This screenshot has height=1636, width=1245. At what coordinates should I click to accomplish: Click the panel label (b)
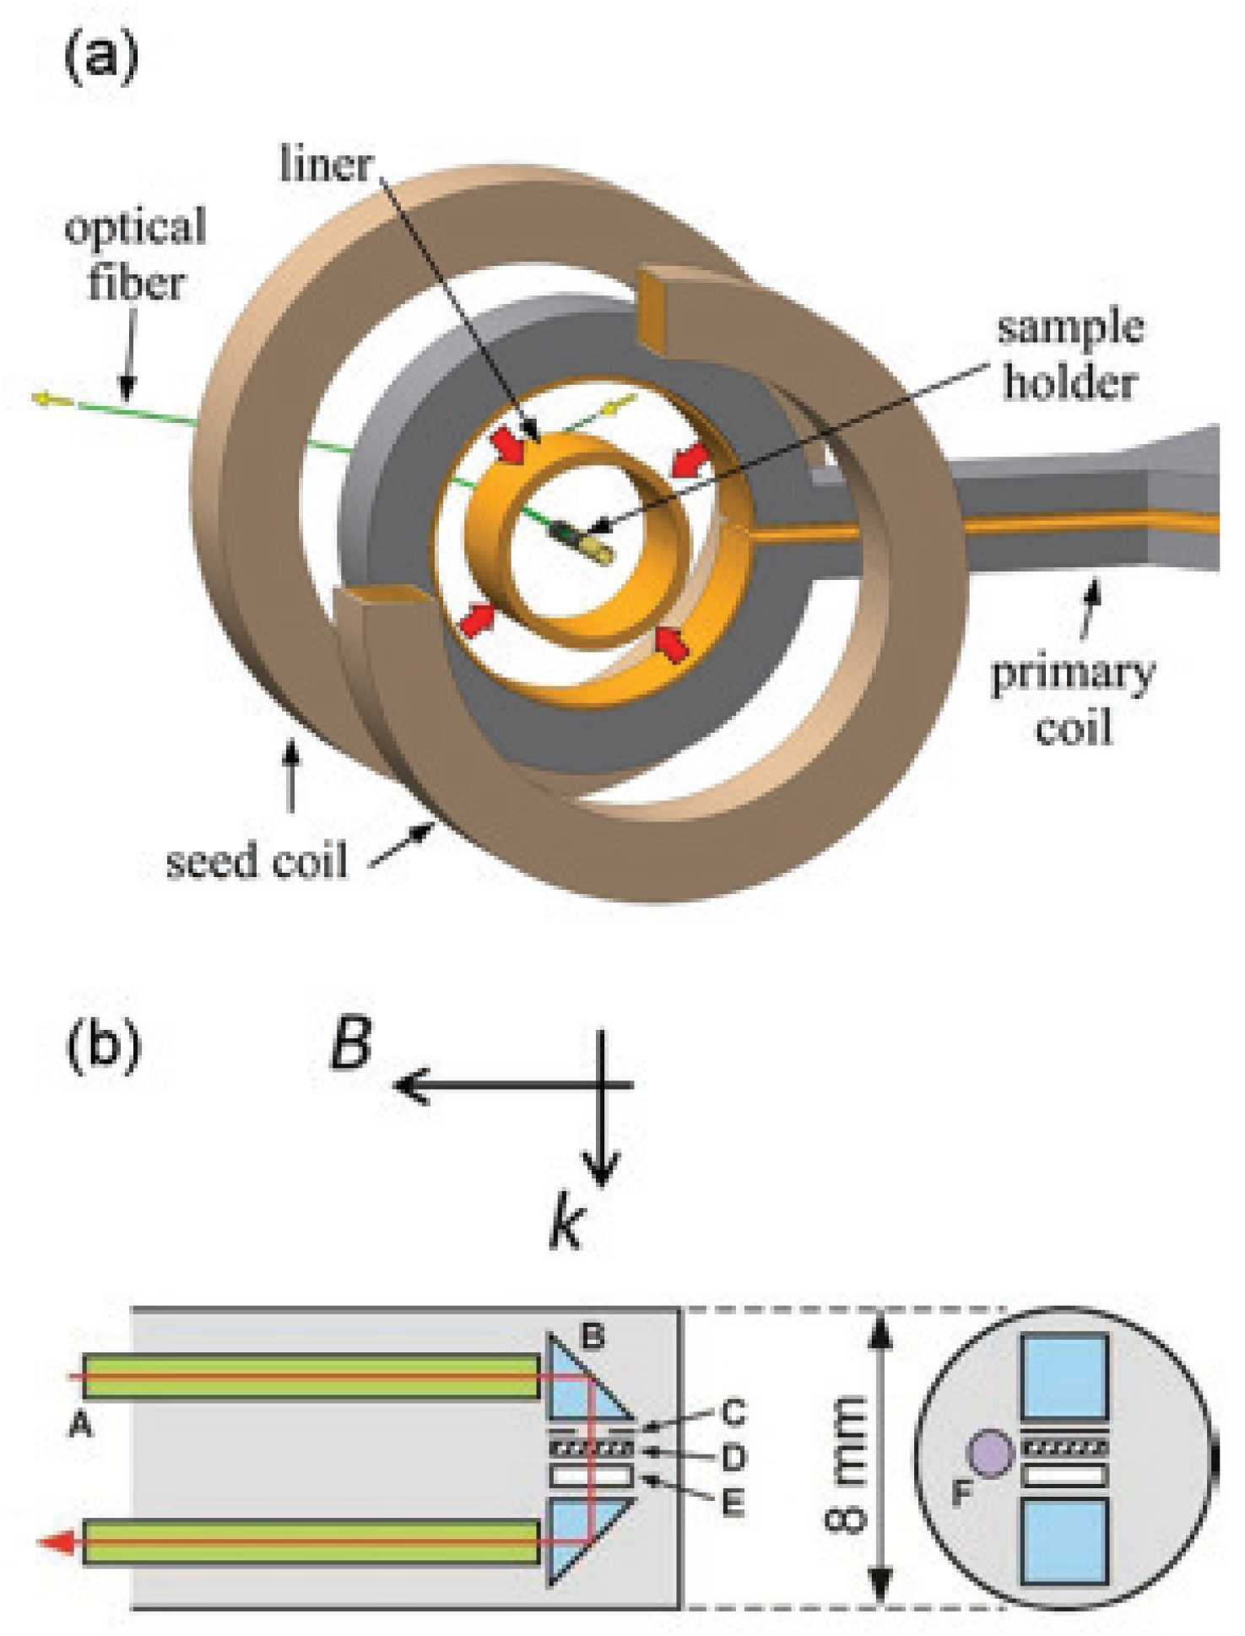[103, 1045]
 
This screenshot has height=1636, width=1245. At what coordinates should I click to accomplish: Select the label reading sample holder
[1070, 355]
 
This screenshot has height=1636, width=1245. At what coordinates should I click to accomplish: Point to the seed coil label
[257, 861]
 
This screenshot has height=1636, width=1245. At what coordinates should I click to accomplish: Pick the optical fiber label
[136, 254]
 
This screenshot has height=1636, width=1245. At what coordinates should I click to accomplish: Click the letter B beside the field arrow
[351, 1044]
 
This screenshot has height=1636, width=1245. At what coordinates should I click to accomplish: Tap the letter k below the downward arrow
[566, 1224]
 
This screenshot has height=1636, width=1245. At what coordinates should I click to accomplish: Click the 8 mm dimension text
[845, 1464]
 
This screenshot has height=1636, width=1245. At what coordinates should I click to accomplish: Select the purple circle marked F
[989, 1453]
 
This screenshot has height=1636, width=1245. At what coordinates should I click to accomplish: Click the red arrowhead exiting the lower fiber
[52, 1542]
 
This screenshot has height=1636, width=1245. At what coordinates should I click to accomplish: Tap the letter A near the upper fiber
[80, 1425]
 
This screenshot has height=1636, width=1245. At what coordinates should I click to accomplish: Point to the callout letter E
[733, 1503]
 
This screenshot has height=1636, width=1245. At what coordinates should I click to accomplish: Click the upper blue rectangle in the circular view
[1064, 1377]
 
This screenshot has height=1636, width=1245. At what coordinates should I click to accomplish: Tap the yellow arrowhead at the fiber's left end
[41, 398]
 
